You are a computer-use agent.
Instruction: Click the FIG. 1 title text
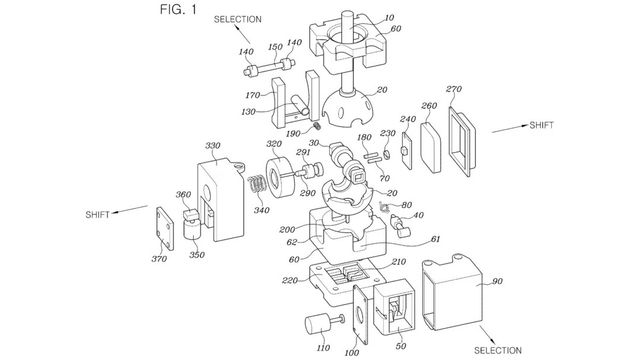pyautogui.click(x=178, y=9)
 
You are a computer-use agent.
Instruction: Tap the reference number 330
pyautogui.click(x=213, y=146)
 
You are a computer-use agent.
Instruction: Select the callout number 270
pyautogui.click(x=453, y=89)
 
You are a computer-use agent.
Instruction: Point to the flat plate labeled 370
pyautogui.click(x=165, y=228)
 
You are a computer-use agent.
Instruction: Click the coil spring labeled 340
pyautogui.click(x=257, y=188)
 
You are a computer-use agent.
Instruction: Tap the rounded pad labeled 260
pyautogui.click(x=431, y=147)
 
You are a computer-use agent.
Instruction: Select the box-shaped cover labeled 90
pyautogui.click(x=452, y=292)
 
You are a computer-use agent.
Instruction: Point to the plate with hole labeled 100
pyautogui.click(x=360, y=315)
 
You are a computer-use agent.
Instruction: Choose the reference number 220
pyautogui.click(x=289, y=280)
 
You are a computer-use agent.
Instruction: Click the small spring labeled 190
pyautogui.click(x=317, y=127)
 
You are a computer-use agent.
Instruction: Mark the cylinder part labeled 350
pyautogui.click(x=193, y=229)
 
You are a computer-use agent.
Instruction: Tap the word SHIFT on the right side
pyautogui.click(x=542, y=125)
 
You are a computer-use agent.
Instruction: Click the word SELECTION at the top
pyautogui.click(x=238, y=19)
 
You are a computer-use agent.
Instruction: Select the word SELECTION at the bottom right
pyautogui.click(x=498, y=350)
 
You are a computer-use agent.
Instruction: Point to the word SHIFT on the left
pyautogui.click(x=98, y=215)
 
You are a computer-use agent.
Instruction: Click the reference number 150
pyautogui.click(x=275, y=47)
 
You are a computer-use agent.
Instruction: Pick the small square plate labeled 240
pyautogui.click(x=407, y=150)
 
